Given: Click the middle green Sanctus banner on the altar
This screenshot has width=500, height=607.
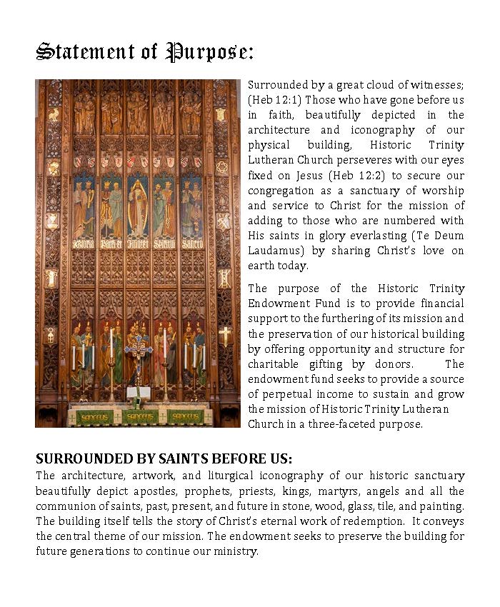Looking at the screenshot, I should pyautogui.click(x=140, y=416).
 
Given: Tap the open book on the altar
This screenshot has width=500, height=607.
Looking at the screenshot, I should pyautogui.click(x=137, y=392).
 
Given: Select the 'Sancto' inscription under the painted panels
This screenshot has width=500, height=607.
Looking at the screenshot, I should pyautogui.click(x=191, y=244).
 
